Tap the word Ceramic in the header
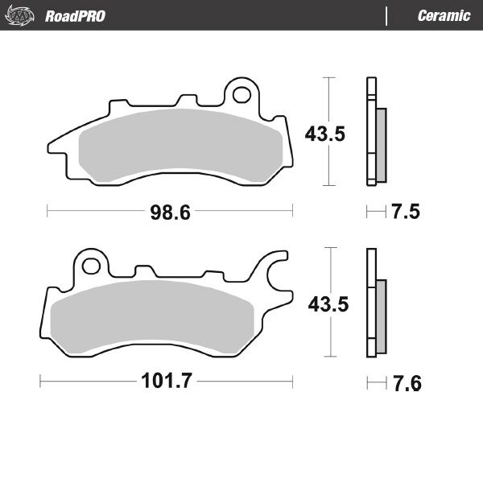click(444, 16)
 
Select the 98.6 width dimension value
click(170, 213)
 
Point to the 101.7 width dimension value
click(165, 382)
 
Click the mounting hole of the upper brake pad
click(241, 95)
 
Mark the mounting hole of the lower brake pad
click(91, 265)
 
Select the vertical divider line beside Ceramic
click(387, 16)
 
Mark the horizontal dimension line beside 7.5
click(375, 213)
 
